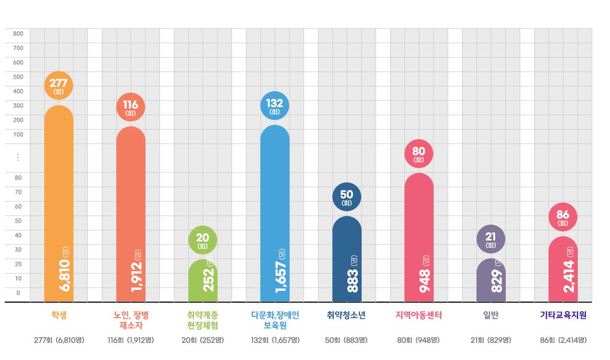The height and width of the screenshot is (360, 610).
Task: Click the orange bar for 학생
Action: coord(59,192)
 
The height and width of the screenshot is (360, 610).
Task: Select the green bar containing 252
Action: coord(203,283)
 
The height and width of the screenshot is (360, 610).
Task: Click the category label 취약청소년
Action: coord(346,315)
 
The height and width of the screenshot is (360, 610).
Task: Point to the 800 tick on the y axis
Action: coord(18,34)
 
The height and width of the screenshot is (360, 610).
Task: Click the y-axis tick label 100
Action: coord(18,134)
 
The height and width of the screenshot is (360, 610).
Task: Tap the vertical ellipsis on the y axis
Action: coord(18,157)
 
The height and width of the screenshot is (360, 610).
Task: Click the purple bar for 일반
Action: coord(491,283)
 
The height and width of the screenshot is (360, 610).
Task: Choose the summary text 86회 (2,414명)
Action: coord(563,340)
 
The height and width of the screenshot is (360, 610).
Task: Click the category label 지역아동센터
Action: coord(418,315)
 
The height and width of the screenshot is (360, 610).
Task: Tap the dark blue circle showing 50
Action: coord(347,197)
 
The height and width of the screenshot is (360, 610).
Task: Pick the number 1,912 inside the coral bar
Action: coord(138,276)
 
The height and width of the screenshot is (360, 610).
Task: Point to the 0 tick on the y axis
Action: coord(18,293)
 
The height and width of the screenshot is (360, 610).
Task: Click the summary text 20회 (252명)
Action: coord(203,340)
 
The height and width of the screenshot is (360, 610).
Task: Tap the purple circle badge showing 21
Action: coord(491,239)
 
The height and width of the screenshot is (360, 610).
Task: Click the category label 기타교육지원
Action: coord(563,315)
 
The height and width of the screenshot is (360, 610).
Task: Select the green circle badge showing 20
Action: coord(203,240)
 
